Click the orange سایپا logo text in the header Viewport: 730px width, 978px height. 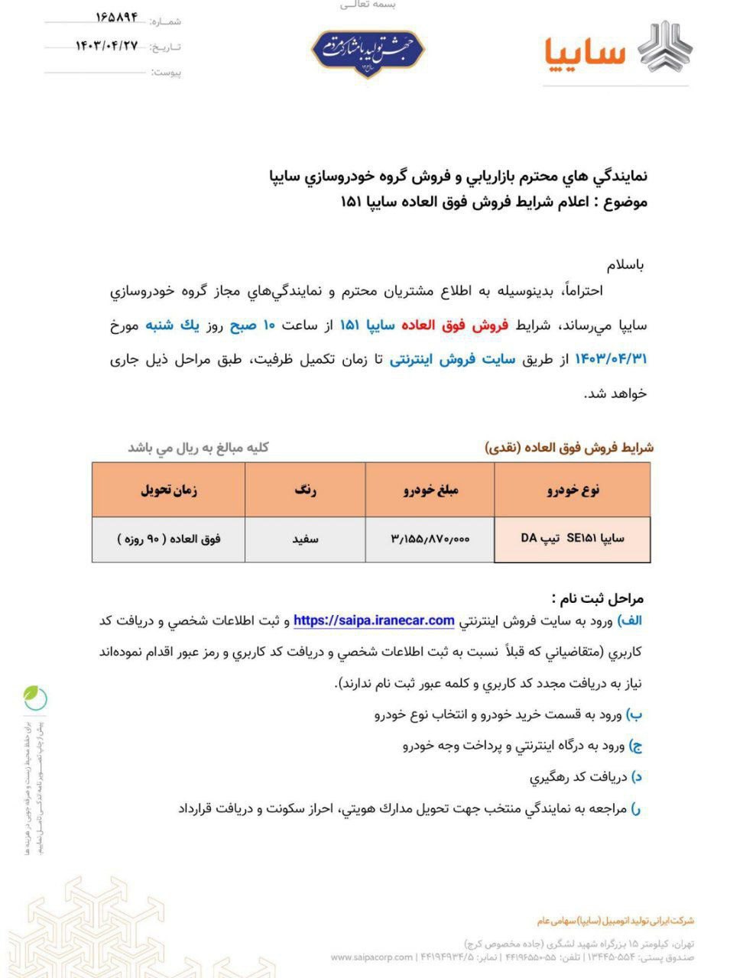tap(585, 51)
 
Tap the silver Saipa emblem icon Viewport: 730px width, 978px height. tap(664, 47)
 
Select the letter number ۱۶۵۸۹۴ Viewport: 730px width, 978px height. tap(116, 17)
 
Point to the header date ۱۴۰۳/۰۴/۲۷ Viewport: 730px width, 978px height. tap(106, 45)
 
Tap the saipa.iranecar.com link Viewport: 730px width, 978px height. tap(374, 620)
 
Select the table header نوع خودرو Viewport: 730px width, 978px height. tap(573, 491)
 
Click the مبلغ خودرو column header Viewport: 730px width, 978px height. tap(430, 491)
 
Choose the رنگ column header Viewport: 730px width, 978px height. tap(305, 491)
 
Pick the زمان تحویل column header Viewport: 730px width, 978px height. tap(168, 491)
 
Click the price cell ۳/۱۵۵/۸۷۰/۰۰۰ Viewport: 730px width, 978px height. tap(430, 539)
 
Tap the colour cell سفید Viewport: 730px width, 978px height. tap(305, 539)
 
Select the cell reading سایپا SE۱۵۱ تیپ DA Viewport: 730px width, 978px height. tap(573, 538)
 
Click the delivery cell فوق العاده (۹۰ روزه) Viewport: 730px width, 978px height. tap(168, 539)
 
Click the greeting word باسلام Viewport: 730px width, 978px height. tap(625, 265)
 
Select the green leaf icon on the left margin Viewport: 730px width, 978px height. tap(35, 696)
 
